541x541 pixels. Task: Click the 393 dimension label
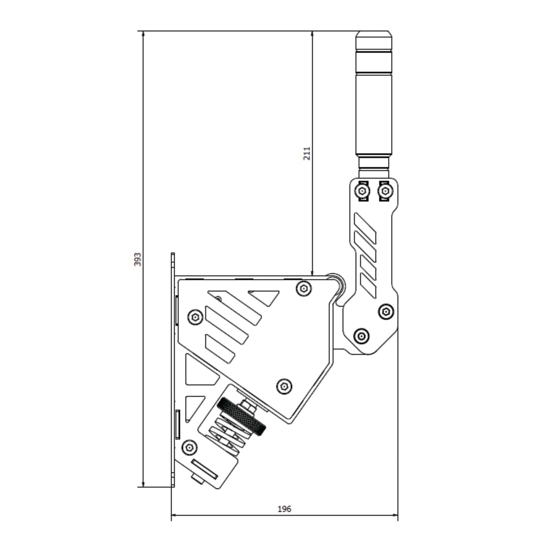(138, 259)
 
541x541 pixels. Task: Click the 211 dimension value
(307, 154)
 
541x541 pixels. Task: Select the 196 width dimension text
(284, 509)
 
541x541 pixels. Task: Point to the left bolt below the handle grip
(362, 191)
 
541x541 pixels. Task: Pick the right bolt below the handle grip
(385, 191)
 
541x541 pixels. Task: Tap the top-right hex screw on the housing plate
(304, 289)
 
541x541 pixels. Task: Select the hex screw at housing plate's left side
(195, 317)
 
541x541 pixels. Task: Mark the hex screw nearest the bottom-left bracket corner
(189, 447)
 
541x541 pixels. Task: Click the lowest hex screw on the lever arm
(361, 336)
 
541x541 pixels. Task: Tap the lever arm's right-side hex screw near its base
(386, 311)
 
